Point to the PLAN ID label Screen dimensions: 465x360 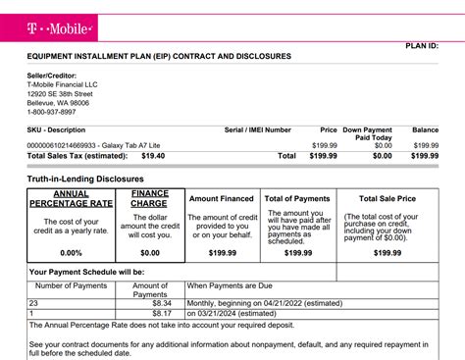tap(428, 46)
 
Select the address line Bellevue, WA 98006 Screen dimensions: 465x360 tap(58, 102)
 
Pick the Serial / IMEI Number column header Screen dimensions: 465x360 tap(258, 129)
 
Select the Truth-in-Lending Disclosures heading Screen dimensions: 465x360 tap(85, 180)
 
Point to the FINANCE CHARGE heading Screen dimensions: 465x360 tap(149, 199)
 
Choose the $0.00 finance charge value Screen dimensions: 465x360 tap(149, 252)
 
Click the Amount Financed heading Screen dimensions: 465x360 tap(223, 199)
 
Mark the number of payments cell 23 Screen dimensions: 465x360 tap(34, 304)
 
